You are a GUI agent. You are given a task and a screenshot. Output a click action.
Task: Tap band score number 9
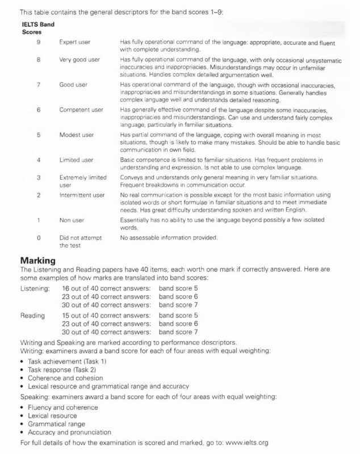tap(38, 42)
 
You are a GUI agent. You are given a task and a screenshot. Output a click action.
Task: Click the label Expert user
tap(78, 42)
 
